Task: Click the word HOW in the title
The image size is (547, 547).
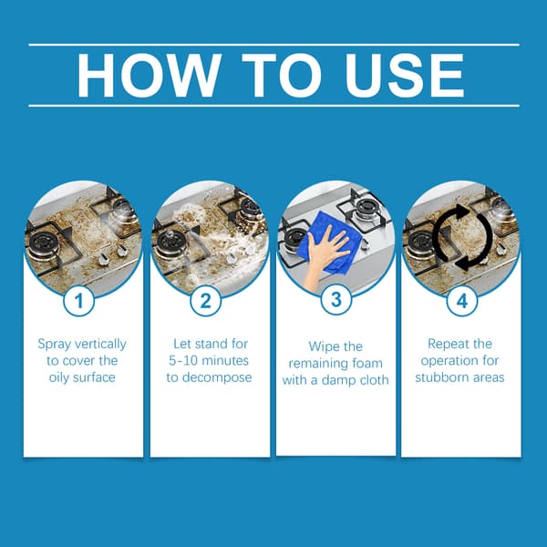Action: pos(149,76)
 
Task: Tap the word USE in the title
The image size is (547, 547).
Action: pos(405,76)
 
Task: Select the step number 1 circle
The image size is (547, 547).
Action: pos(78,301)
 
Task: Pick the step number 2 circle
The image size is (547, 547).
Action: pos(205,301)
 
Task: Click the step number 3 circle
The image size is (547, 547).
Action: pos(335,299)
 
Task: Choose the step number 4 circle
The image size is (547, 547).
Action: pos(462,301)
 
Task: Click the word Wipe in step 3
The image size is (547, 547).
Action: pos(321,347)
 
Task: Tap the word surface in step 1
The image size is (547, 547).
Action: pos(93,377)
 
